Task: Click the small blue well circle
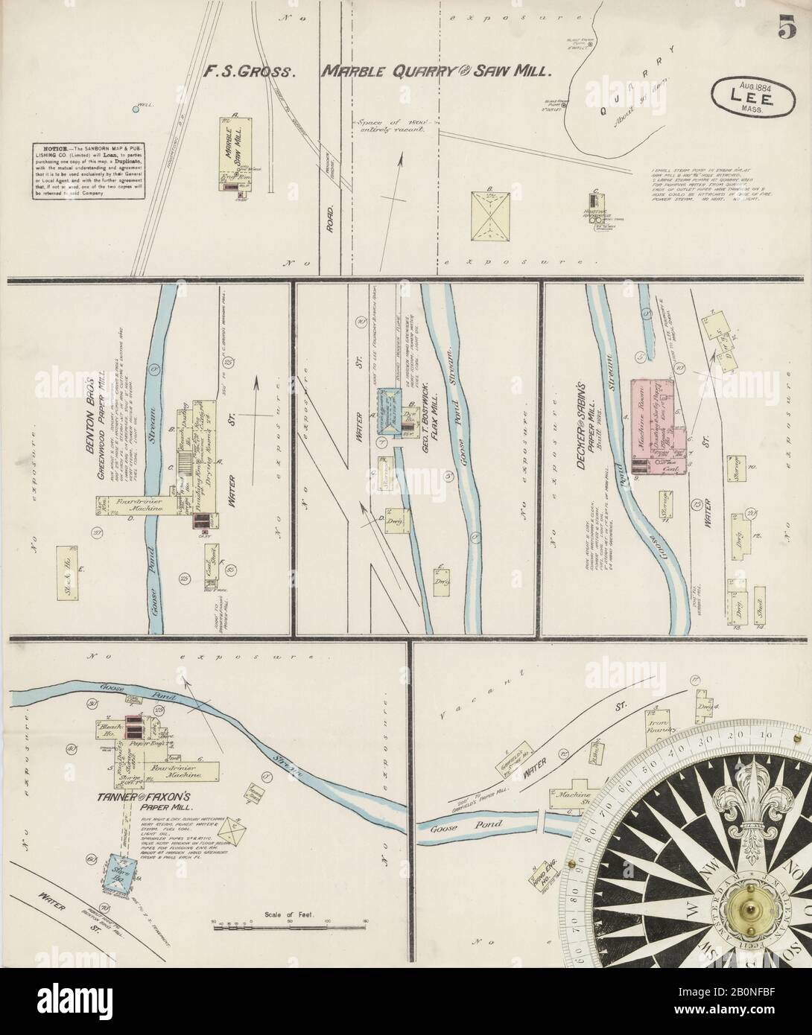tap(135, 109)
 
